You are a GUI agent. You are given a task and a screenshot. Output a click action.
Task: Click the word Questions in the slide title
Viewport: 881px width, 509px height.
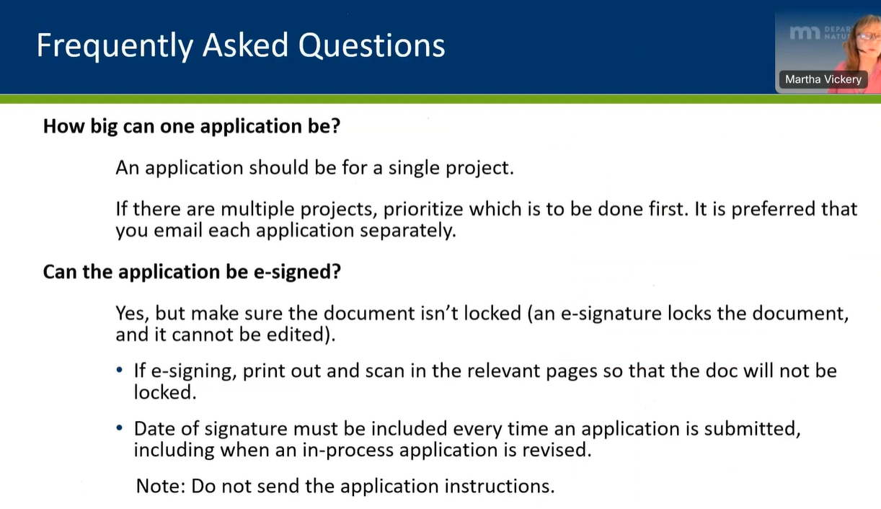point(372,45)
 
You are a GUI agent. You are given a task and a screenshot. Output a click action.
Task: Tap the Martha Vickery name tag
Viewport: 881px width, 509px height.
point(823,79)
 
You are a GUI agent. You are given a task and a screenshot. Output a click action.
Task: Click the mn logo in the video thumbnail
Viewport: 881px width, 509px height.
point(805,32)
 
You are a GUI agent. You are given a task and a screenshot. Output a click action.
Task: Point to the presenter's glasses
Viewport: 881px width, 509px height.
point(869,36)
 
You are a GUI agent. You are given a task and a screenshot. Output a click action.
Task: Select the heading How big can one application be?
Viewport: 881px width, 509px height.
point(192,127)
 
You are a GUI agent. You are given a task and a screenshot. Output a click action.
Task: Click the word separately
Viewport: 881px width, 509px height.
point(408,231)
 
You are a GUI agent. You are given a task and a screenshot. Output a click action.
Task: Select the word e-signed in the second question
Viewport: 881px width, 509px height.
point(297,273)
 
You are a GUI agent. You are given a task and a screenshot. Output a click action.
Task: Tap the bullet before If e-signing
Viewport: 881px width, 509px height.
point(120,370)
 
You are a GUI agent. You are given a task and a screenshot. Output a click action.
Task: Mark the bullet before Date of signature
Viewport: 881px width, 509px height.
point(120,428)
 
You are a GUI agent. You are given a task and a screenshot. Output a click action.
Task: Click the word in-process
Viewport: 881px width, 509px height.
point(347,451)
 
